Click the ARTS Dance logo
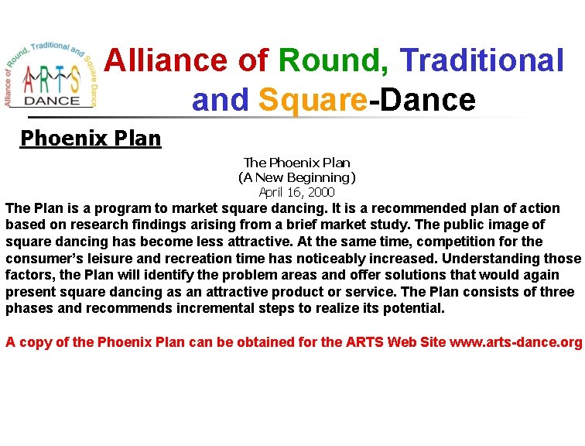tap(50, 74)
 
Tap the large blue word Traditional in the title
tap(483, 60)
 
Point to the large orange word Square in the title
tap(313, 100)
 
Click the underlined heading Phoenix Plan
tap(91, 139)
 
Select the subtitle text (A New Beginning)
tap(297, 177)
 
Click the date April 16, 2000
tap(297, 192)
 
